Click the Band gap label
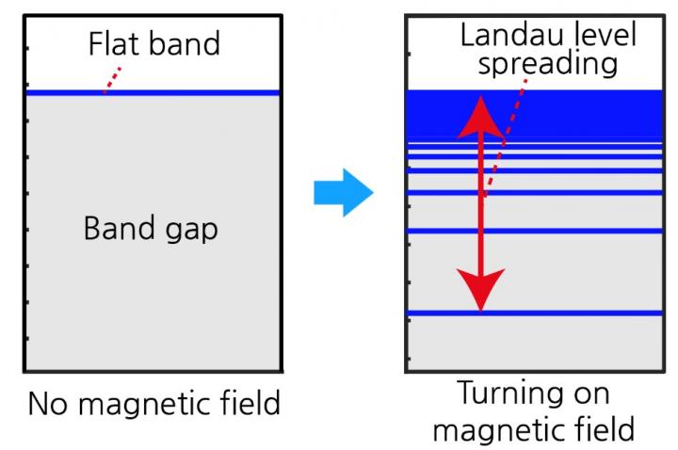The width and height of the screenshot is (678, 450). tap(151, 228)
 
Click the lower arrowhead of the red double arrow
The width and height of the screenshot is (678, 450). tap(481, 287)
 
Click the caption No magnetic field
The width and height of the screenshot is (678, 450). tap(153, 404)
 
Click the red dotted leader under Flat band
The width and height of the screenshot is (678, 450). tap(112, 79)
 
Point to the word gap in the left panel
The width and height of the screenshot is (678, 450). tap(192, 231)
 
